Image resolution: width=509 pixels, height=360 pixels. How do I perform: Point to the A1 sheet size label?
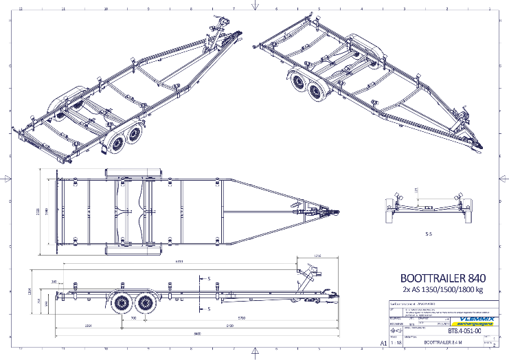374,341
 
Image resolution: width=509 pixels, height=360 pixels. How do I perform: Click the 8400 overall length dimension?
196,333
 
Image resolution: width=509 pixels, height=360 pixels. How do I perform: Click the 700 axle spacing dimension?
133,318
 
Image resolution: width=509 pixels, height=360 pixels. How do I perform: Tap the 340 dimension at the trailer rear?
54,281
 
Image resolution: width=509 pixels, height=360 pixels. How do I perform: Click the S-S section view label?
428,234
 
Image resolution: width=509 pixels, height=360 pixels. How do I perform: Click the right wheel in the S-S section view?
467,209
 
